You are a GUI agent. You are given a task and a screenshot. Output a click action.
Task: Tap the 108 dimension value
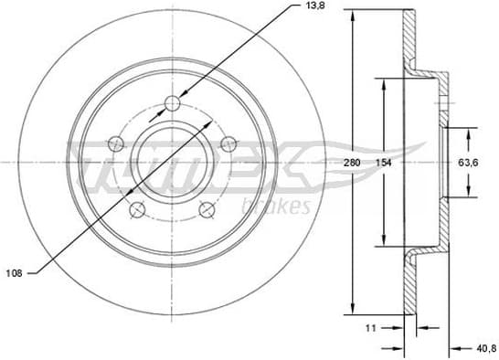point(15,271)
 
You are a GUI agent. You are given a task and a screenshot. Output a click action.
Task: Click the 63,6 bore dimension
point(469,163)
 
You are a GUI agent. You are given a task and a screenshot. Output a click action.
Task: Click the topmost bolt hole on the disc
point(172,103)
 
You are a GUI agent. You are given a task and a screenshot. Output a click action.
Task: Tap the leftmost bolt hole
point(114,143)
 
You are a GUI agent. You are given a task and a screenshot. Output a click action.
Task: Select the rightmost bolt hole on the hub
point(228,143)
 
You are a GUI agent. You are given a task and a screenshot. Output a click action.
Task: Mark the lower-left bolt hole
point(136,209)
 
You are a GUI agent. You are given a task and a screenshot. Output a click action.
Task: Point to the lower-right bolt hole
point(207,209)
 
